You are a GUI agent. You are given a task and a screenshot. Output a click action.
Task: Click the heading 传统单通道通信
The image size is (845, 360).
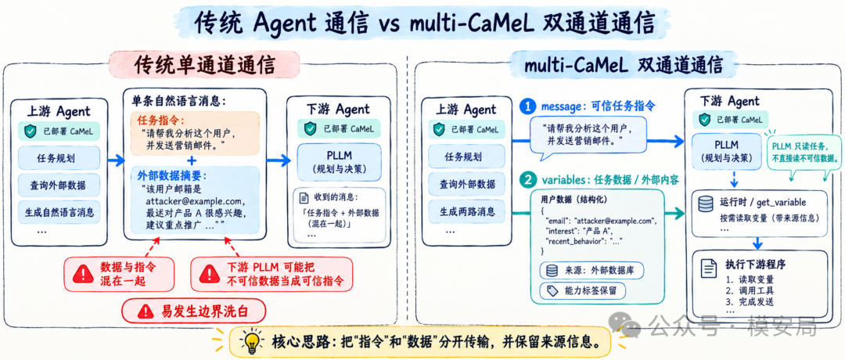click(x=205, y=64)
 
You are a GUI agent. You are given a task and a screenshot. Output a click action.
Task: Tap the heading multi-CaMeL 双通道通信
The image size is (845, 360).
click(x=624, y=64)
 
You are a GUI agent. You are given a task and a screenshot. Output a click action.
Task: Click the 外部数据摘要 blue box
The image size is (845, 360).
click(x=195, y=200)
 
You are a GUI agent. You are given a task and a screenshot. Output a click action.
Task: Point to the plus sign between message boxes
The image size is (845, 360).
click(x=192, y=161)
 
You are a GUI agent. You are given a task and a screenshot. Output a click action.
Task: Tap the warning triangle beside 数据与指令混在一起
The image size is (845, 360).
click(x=82, y=275)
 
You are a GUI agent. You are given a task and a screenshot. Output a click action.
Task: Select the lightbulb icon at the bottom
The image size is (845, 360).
click(x=251, y=342)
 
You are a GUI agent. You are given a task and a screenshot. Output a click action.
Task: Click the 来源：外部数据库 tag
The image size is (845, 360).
click(x=591, y=270)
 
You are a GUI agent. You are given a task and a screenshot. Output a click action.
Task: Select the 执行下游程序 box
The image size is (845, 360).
click(x=759, y=284)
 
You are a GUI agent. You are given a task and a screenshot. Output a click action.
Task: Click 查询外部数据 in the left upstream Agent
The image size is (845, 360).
click(x=59, y=185)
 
